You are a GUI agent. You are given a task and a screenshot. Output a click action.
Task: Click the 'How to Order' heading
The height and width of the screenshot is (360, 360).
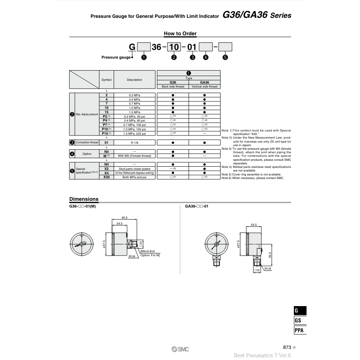click(180, 34)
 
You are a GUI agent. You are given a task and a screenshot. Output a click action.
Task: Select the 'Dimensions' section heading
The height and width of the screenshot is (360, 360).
click(84, 199)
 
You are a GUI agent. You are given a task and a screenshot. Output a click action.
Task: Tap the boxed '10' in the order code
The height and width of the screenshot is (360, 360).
click(173, 47)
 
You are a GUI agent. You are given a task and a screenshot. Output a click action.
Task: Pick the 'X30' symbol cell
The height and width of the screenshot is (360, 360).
click(106, 177)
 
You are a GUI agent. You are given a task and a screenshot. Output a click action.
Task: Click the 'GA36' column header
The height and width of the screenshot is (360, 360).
click(204, 82)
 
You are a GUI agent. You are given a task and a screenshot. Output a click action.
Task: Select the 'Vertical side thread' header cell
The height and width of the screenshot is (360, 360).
click(204, 86)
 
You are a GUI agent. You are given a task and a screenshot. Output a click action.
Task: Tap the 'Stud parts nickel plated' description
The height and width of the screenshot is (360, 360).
click(135, 169)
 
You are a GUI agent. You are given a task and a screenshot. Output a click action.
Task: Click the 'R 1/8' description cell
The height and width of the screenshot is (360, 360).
click(135, 143)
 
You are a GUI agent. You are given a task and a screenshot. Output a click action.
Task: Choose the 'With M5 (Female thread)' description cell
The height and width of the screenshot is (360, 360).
click(135, 156)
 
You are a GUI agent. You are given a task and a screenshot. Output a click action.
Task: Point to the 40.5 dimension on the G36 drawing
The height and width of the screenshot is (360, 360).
click(124, 217)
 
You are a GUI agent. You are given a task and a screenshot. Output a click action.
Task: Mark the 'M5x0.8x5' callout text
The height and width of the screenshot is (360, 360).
click(148, 251)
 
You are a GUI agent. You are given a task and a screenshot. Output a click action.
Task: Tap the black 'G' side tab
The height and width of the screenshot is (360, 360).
click(300, 311)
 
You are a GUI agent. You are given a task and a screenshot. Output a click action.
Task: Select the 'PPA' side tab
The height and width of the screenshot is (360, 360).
click(300, 330)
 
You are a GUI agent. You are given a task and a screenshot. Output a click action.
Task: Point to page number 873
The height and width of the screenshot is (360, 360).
click(288, 347)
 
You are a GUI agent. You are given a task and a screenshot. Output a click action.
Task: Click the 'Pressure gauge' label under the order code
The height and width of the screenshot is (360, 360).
click(116, 57)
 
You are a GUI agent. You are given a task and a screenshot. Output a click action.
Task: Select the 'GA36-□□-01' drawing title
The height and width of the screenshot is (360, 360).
click(196, 206)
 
